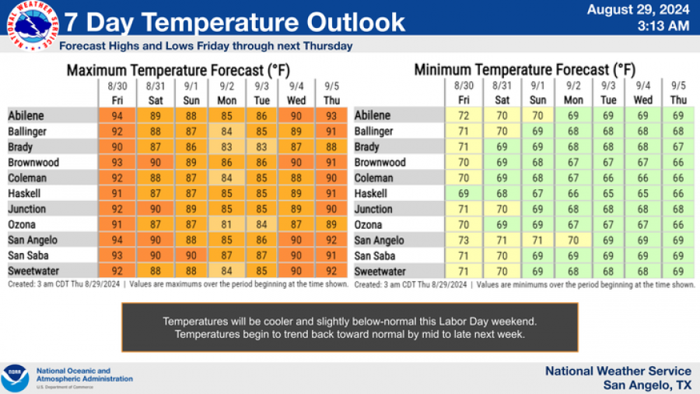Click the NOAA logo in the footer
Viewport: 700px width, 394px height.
tap(15, 377)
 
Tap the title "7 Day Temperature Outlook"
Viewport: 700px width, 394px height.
tap(234, 21)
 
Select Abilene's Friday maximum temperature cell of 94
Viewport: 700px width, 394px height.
tap(117, 116)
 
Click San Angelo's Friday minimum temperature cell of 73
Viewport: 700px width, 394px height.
tap(464, 240)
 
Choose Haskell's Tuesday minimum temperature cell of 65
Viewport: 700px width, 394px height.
tap(608, 193)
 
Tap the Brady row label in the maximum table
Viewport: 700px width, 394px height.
tap(20, 147)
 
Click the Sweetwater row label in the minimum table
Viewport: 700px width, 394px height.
tap(380, 271)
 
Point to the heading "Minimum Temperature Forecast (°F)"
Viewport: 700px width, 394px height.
tap(524, 70)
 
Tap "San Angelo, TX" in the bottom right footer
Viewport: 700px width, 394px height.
tap(647, 385)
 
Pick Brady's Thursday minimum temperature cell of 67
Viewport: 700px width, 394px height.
tap(678, 147)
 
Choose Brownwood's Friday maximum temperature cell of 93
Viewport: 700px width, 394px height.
tap(117, 163)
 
